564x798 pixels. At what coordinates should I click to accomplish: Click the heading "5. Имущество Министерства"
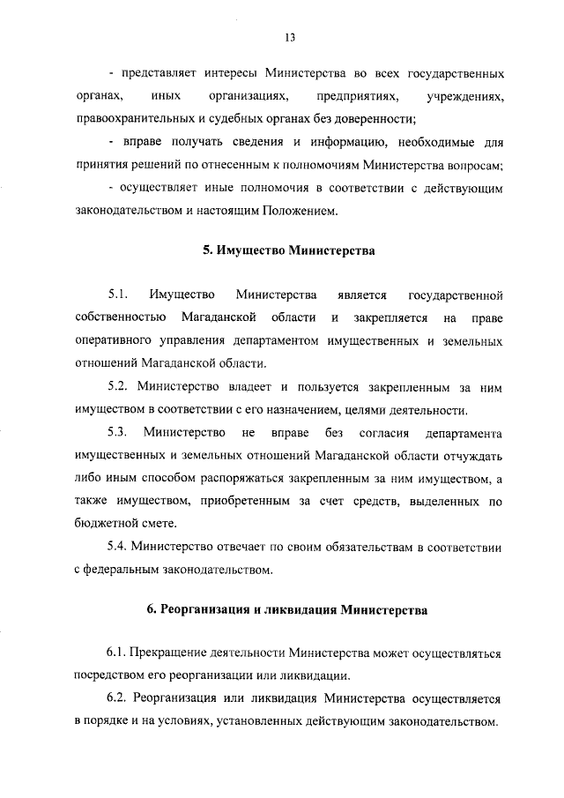coord(289,250)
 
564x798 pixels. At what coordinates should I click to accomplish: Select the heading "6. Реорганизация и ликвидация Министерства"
coord(288,609)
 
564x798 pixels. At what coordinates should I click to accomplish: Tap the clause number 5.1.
coord(118,294)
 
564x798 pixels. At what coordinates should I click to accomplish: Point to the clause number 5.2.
coord(118,385)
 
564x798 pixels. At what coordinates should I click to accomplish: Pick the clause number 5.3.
coord(118,432)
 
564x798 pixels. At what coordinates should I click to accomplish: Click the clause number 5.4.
coord(118,547)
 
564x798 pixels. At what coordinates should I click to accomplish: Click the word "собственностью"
coord(115,317)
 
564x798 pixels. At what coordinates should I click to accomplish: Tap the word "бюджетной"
coord(101,524)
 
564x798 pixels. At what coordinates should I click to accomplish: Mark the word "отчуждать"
coord(473,455)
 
